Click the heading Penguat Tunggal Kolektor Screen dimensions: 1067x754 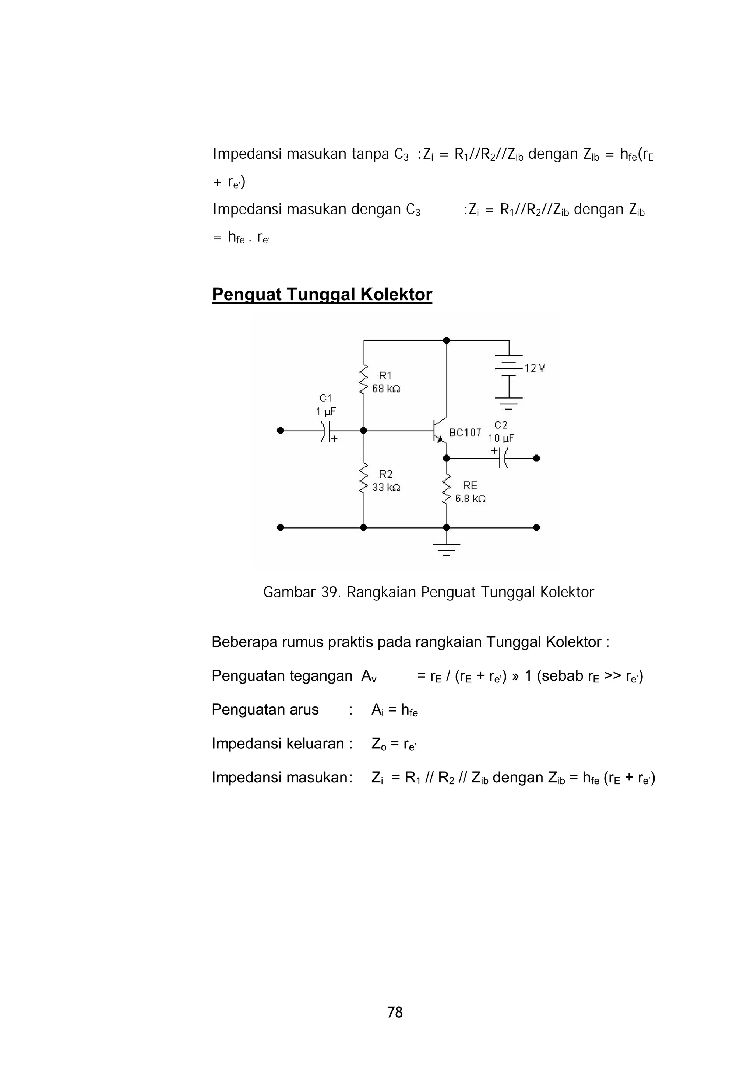tap(321, 295)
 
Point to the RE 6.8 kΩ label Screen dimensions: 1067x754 tap(470, 492)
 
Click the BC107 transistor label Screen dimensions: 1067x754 tap(465, 433)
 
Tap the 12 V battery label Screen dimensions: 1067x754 tap(535, 368)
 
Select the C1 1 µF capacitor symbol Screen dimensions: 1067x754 tap(326, 431)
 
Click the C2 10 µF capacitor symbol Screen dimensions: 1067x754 tap(502, 458)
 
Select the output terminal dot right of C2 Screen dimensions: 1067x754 tap(536, 458)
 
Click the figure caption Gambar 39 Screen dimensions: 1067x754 tap(428, 592)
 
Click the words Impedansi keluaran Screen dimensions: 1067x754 tap(277, 744)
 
